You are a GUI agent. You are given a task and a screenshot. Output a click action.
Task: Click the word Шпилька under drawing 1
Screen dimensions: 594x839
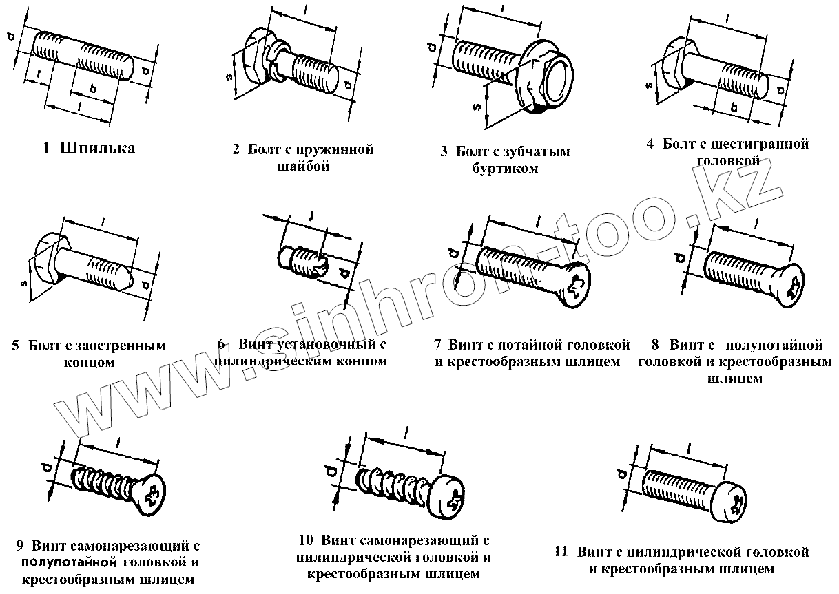pos(97,149)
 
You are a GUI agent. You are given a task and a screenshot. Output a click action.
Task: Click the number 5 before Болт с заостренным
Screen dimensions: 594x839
pos(15,346)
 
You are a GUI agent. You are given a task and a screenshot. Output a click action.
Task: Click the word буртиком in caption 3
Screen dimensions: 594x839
pos(505,169)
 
